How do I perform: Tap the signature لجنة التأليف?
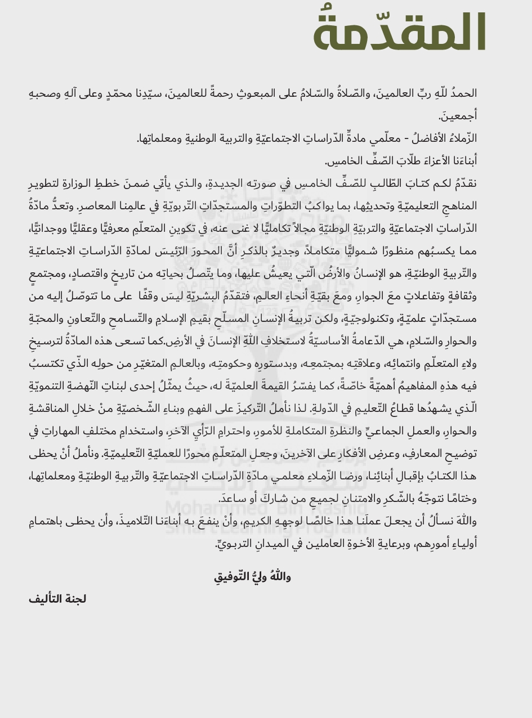57,599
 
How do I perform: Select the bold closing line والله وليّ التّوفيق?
252,576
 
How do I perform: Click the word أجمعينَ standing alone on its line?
458,116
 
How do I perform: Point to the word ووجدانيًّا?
50,227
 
